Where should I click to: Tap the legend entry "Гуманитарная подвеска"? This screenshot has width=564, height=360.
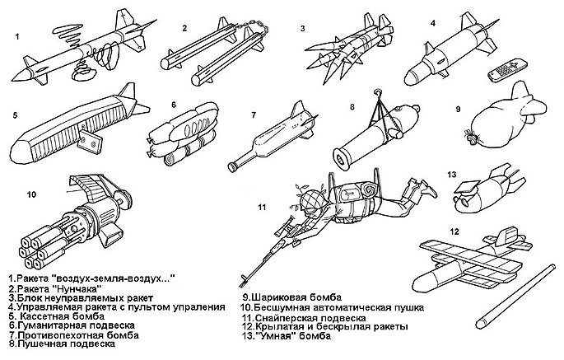click(x=61, y=325)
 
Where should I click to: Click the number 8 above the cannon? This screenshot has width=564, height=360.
click(x=352, y=107)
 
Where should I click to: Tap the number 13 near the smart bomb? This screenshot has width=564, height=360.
click(x=451, y=175)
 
